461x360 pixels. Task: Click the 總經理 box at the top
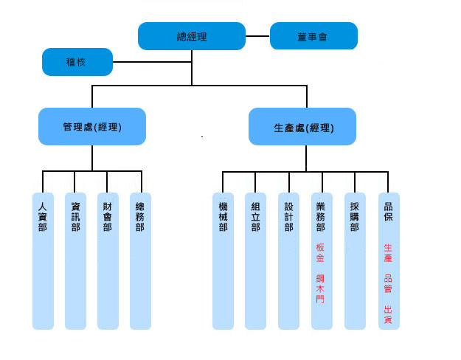(x=192, y=36)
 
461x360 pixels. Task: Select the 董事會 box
(x=313, y=36)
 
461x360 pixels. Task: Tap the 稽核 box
(x=77, y=62)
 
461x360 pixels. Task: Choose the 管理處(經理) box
(x=92, y=127)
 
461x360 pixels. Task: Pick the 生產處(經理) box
(x=302, y=127)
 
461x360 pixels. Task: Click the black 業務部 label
(x=321, y=216)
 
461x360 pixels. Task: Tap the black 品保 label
(x=388, y=212)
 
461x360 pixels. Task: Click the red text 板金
(x=321, y=253)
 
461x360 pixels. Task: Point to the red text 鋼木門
(x=321, y=288)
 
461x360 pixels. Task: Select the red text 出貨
(x=388, y=314)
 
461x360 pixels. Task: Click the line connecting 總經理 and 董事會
(x=257, y=35)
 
